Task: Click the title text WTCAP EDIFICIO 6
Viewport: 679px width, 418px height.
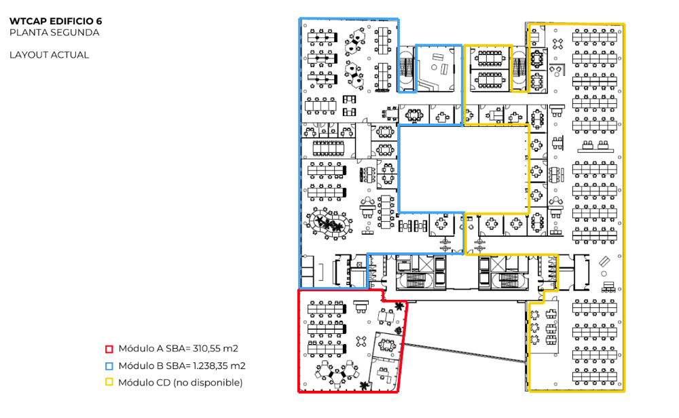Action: [x=56, y=21]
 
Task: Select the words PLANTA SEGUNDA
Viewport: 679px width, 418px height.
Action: [x=54, y=33]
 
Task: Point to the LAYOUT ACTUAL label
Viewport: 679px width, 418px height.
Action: [x=50, y=55]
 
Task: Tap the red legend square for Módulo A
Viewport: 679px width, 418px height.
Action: [x=109, y=349]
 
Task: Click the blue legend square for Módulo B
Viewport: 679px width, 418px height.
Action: [x=109, y=366]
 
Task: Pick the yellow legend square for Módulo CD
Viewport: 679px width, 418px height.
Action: [x=109, y=382]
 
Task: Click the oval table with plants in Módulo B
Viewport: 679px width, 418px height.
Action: [x=329, y=223]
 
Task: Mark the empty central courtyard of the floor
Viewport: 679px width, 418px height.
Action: [x=463, y=169]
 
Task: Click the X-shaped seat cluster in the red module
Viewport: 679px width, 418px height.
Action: [x=362, y=341]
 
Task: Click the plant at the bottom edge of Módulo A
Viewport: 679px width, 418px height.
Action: [x=365, y=385]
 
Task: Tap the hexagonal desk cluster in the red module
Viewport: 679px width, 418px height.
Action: [x=337, y=373]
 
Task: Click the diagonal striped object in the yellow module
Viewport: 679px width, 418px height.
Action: [x=604, y=261]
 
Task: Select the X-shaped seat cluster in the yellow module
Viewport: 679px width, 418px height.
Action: [x=557, y=43]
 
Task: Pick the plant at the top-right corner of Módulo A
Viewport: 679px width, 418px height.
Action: [x=399, y=306]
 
